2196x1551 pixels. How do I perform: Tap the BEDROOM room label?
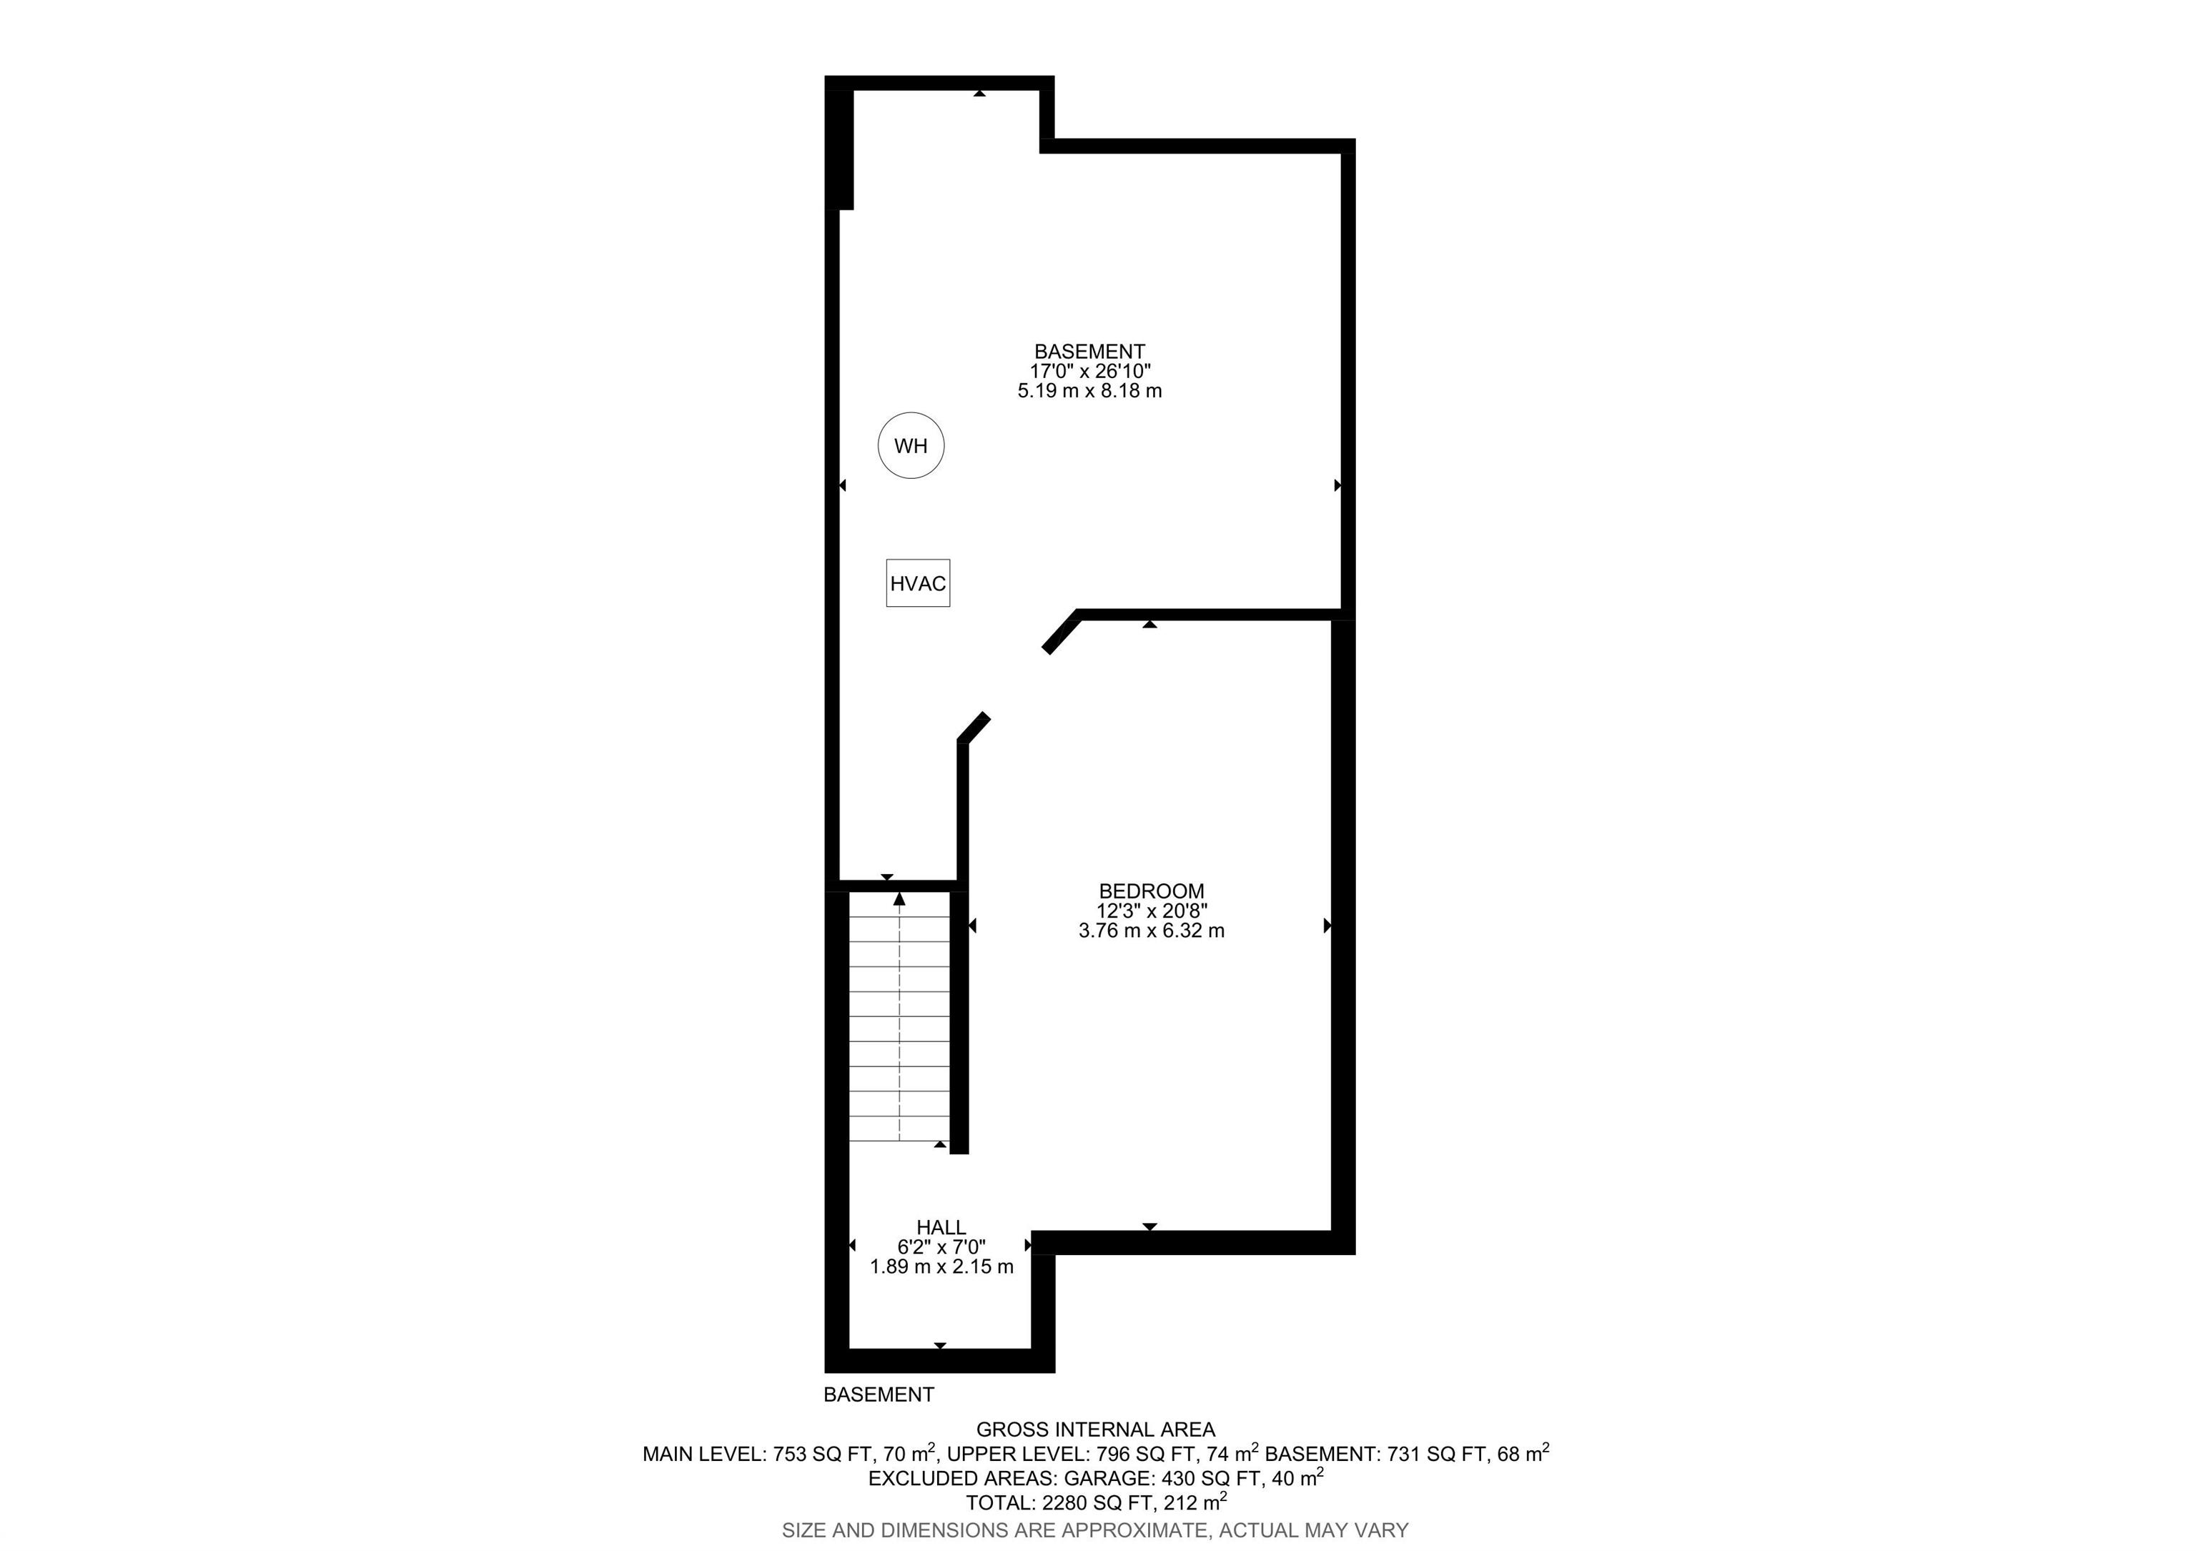[x=1152, y=891]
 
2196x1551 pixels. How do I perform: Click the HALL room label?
[x=941, y=1227]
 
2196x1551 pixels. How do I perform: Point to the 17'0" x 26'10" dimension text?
[x=1090, y=371]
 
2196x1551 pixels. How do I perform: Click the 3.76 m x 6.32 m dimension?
[x=1152, y=931]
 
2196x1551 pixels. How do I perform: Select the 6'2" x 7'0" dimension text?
[x=941, y=1247]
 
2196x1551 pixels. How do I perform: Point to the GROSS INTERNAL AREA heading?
[x=1095, y=1429]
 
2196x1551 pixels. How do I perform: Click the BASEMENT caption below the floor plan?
[x=879, y=1394]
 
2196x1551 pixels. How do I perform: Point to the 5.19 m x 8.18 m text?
[x=1090, y=391]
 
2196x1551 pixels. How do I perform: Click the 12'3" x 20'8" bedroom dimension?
[x=1152, y=911]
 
